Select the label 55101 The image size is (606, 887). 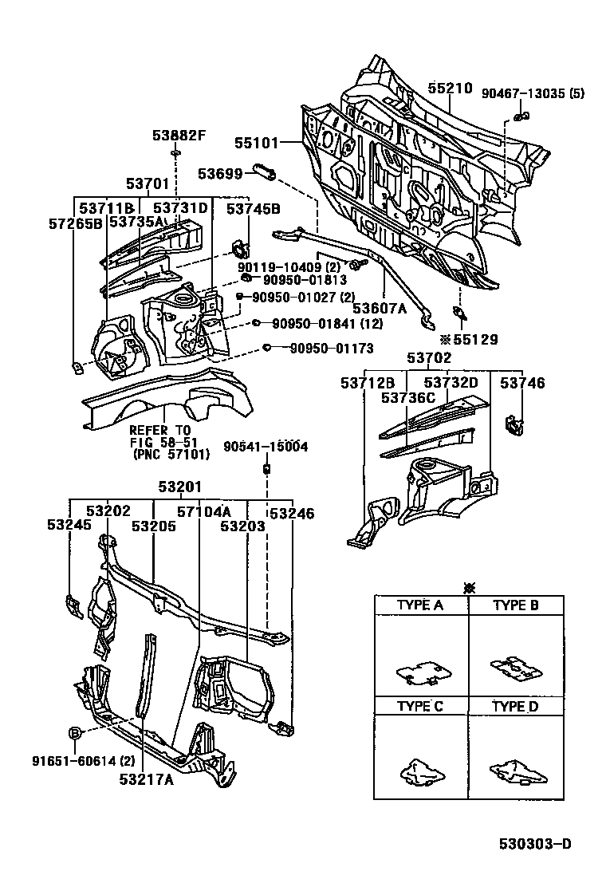coord(257,144)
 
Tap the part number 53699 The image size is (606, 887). coord(220,172)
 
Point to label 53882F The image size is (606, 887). coord(179,135)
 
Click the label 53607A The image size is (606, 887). coord(380,307)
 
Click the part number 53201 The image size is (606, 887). coord(179,487)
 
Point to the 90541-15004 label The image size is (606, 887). coord(266,447)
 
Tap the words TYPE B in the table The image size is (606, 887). coord(516,605)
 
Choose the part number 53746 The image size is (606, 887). coord(523,384)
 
